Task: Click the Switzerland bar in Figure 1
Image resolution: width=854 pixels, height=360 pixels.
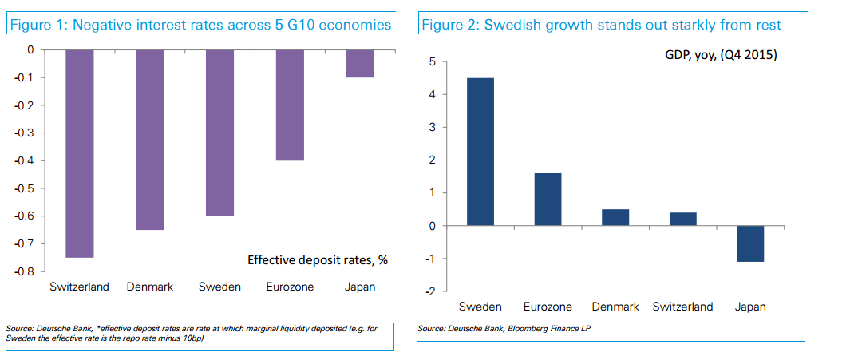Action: [80, 153]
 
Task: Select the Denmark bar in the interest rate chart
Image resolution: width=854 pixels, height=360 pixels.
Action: [150, 140]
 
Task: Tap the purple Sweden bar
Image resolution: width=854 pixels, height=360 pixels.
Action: [219, 133]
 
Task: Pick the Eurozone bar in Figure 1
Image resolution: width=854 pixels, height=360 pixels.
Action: [290, 105]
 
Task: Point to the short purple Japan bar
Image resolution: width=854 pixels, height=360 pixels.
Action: [360, 63]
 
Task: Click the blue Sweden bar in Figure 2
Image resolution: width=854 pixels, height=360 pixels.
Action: [480, 152]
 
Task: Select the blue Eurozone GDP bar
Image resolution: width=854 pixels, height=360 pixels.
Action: [548, 199]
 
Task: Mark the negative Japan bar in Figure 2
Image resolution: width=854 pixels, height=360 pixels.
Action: [750, 243]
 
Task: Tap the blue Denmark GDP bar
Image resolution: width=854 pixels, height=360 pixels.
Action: [615, 217]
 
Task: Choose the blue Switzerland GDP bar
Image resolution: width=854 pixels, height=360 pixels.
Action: [683, 219]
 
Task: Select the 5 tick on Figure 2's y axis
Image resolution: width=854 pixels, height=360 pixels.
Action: [432, 61]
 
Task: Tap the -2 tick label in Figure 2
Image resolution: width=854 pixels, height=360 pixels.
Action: [429, 292]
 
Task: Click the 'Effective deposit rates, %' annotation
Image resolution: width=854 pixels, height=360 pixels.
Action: [318, 259]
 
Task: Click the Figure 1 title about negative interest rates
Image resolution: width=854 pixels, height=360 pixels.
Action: [200, 25]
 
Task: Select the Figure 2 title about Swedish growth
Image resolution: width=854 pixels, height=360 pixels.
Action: [600, 25]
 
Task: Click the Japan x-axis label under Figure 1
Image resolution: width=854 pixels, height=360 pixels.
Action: [359, 287]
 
